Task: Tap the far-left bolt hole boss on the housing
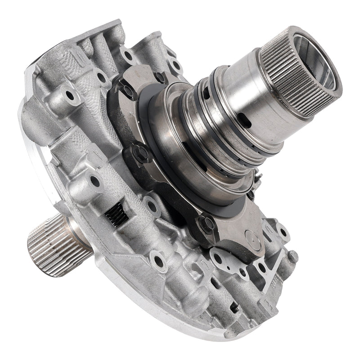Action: pos(69,95)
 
